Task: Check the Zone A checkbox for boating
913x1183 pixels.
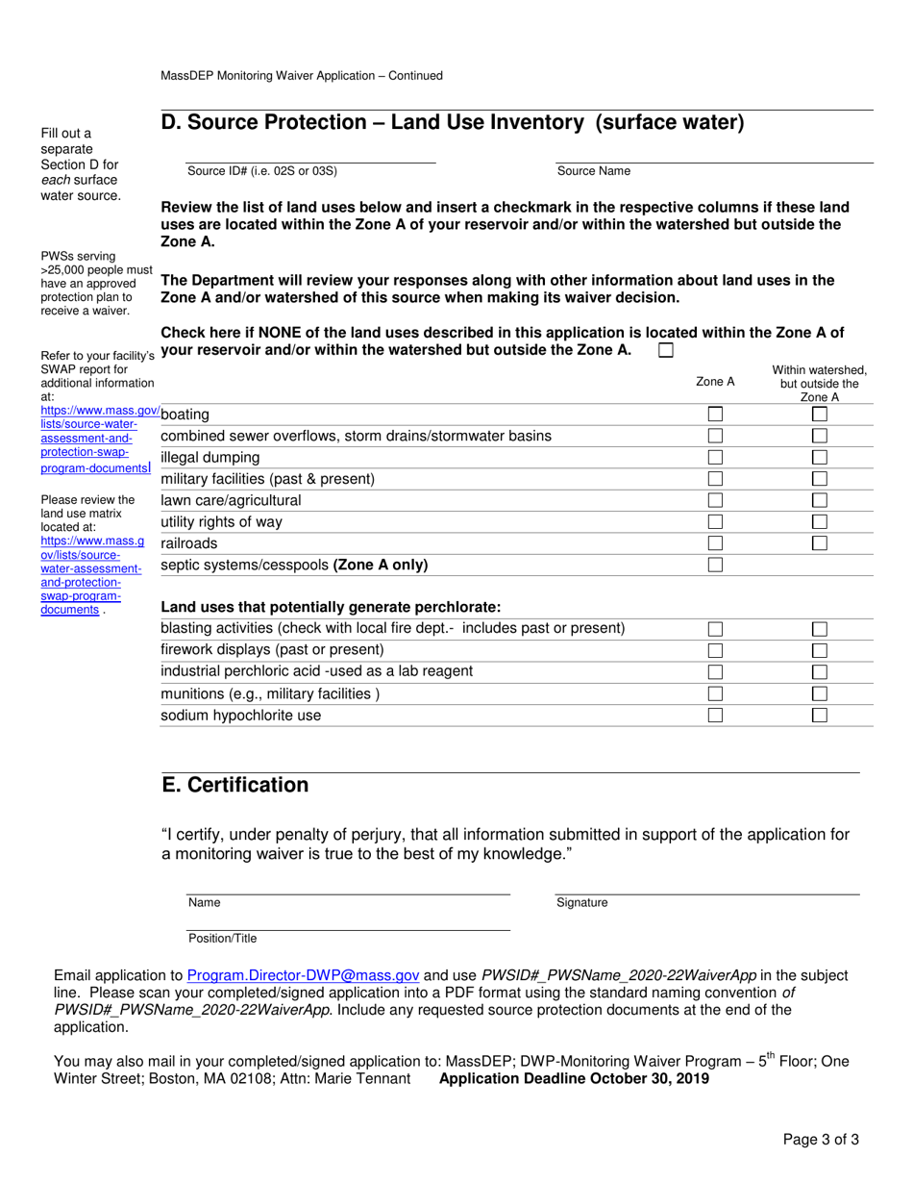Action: coord(715,414)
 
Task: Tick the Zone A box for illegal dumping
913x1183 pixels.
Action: coord(715,457)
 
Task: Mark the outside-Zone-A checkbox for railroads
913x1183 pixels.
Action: coord(820,543)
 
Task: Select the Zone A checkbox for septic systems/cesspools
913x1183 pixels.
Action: coord(715,565)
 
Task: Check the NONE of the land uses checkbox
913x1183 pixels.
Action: coord(666,351)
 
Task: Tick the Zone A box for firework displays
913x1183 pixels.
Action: coord(715,650)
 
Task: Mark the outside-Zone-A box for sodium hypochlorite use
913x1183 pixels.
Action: coord(820,716)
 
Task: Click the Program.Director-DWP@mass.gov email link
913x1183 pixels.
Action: coord(303,974)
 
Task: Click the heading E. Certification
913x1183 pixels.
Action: coord(235,785)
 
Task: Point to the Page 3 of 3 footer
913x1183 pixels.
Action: coord(821,1140)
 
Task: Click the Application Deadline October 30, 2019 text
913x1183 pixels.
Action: coord(574,1078)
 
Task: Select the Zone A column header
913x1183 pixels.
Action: coord(715,382)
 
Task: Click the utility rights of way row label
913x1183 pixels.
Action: coord(221,522)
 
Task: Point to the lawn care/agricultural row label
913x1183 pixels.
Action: coord(231,500)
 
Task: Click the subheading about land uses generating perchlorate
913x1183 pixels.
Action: coord(331,607)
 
